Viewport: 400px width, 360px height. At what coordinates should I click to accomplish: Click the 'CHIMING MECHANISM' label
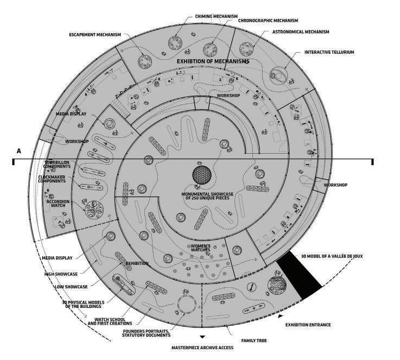216,16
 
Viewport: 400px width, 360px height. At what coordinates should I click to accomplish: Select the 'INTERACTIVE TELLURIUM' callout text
329,52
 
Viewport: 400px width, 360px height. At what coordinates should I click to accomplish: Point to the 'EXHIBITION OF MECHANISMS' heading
213,62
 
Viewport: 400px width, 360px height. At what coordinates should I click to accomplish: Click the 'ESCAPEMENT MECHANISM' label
95,34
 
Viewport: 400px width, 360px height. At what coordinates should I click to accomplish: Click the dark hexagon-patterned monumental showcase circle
202,175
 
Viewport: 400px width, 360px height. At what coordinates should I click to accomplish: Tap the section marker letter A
18,150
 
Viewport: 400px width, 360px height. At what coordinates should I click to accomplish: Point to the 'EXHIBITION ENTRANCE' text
308,325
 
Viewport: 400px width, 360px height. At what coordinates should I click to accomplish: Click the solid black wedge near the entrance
299,275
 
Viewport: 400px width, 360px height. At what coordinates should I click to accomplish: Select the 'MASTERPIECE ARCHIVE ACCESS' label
202,347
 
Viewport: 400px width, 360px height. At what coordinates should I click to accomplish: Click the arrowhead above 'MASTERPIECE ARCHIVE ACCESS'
202,337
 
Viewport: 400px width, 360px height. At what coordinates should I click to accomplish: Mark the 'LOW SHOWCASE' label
71,286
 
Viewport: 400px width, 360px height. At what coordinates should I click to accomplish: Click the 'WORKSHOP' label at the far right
335,185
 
